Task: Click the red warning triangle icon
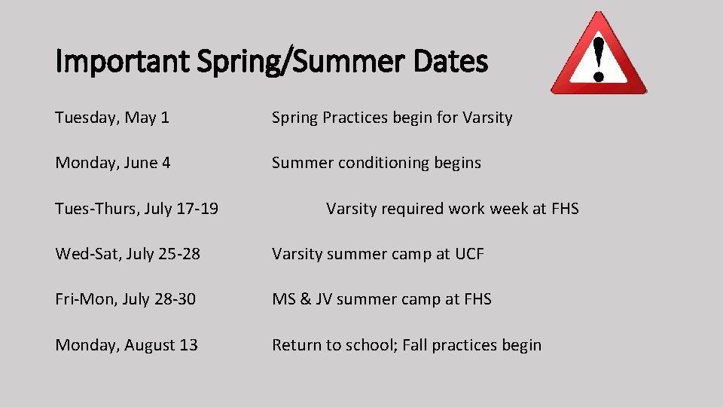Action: point(599,54)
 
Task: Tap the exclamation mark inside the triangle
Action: point(599,59)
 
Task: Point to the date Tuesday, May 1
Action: point(112,118)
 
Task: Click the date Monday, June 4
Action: point(113,163)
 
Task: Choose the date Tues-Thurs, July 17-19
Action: point(136,209)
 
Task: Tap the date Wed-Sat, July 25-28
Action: point(127,254)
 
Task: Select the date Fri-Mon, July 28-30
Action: point(125,299)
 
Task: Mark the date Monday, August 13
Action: point(127,345)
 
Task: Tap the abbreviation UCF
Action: point(469,254)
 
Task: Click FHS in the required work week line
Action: point(565,209)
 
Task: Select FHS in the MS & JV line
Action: point(477,299)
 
